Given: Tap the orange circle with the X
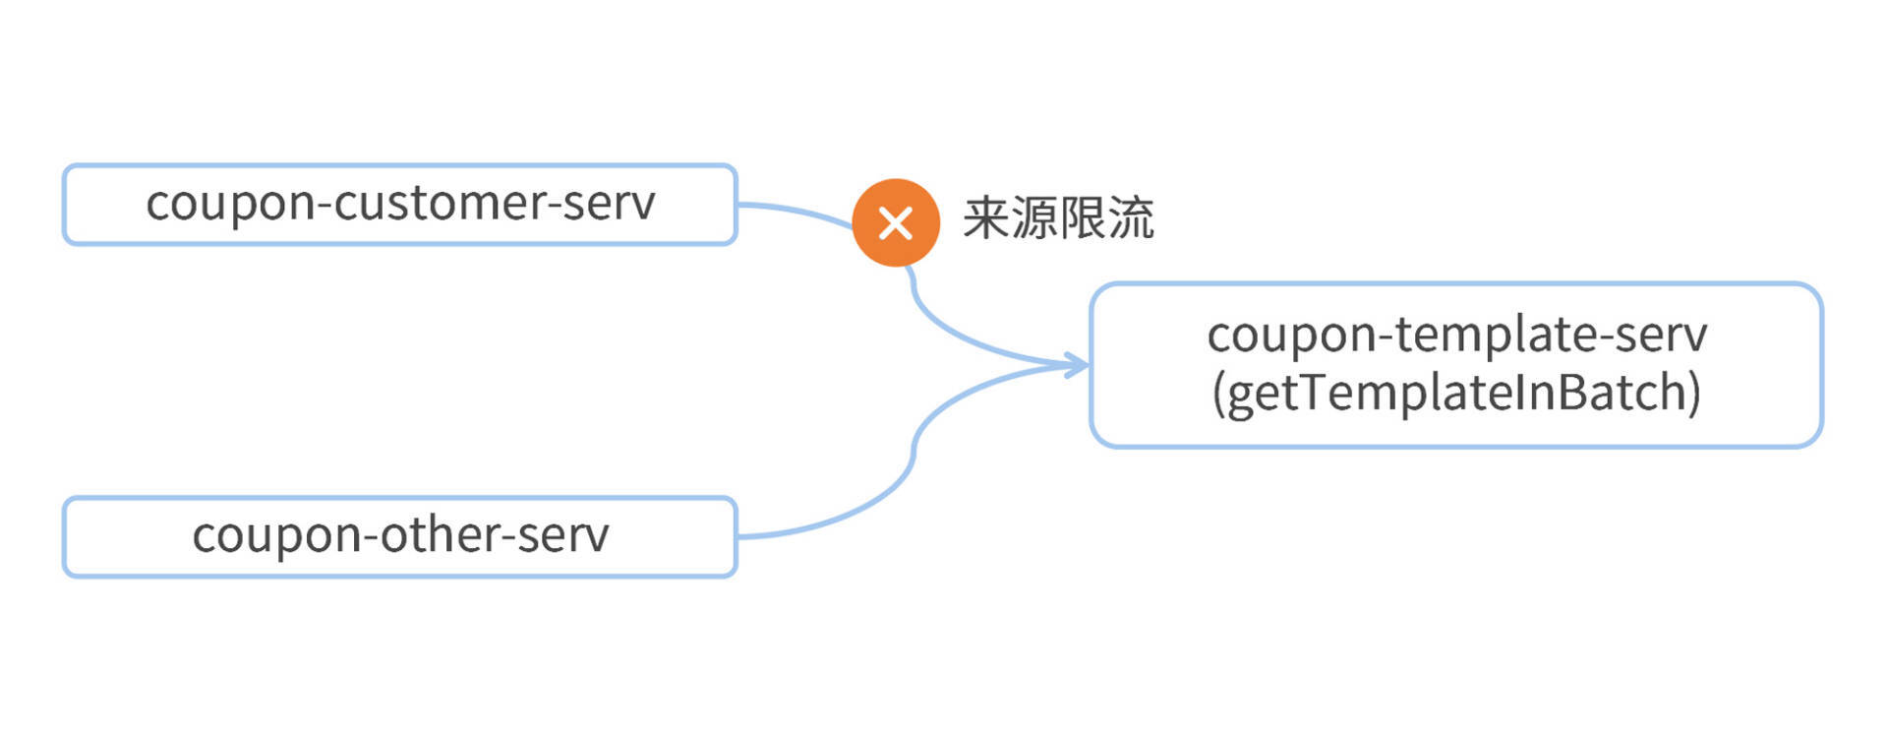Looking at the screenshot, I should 895,223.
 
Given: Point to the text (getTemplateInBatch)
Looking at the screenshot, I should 1456,393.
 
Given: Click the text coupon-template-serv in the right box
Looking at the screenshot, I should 1456,335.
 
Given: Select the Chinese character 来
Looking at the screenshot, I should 986,218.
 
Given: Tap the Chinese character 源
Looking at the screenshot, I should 1034,218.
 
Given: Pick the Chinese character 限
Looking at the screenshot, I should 1083,218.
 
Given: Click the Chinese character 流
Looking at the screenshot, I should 1131,218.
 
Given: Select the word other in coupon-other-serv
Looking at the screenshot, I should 442,535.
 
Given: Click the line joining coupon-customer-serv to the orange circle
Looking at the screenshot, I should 796,210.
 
